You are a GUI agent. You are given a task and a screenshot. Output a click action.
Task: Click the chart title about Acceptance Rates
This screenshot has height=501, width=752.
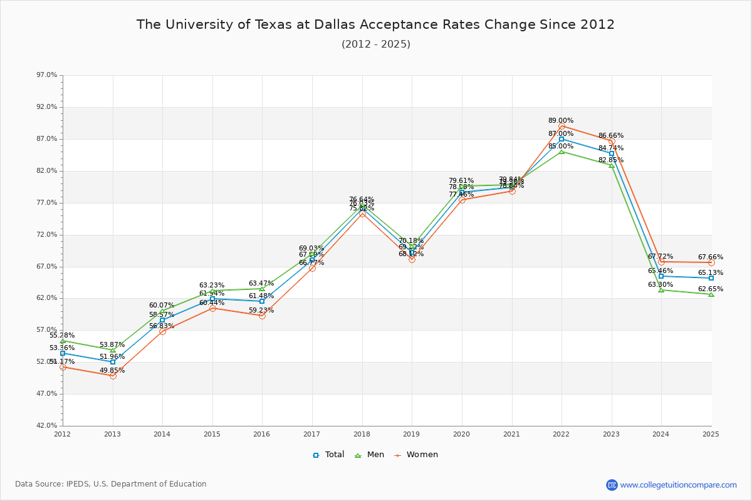(x=375, y=24)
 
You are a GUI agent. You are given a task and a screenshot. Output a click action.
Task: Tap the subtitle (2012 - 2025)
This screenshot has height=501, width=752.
(x=375, y=44)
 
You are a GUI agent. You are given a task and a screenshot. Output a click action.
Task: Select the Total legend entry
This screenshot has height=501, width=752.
(x=329, y=455)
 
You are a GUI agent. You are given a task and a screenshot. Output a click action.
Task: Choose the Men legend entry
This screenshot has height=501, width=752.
(x=370, y=455)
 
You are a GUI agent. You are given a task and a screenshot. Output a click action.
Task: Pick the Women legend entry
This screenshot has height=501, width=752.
(x=415, y=455)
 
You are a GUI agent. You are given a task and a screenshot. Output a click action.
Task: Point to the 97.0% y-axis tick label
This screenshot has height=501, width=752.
(x=47, y=75)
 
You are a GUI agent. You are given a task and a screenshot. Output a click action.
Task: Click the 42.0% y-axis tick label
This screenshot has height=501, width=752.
(x=47, y=426)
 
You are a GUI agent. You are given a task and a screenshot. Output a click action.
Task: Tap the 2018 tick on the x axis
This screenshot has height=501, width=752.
(x=362, y=433)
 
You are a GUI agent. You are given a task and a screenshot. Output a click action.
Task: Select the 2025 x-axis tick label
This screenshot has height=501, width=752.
(x=711, y=433)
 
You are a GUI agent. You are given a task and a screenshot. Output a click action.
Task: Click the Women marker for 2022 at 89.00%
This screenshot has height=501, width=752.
(x=561, y=127)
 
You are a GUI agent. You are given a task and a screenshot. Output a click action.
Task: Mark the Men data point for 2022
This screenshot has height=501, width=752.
(x=561, y=152)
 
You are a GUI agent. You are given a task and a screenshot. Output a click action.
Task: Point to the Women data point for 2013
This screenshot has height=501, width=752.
(x=113, y=376)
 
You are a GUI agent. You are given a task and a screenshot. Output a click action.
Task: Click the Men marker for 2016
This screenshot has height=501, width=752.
(x=262, y=289)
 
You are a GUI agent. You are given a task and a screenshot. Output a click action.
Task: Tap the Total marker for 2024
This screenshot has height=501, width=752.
(x=661, y=276)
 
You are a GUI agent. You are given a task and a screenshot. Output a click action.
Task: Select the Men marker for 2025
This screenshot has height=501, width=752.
(x=711, y=294)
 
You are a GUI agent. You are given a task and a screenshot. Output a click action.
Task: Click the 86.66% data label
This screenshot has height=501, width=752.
(x=610, y=135)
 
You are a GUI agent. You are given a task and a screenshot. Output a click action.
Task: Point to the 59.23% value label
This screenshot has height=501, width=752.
(x=261, y=310)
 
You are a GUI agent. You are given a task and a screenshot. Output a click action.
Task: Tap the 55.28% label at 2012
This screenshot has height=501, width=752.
(x=62, y=335)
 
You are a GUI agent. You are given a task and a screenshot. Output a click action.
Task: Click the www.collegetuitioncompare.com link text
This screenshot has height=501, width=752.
(x=678, y=485)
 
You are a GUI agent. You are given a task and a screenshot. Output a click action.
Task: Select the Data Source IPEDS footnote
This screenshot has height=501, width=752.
(x=111, y=484)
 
